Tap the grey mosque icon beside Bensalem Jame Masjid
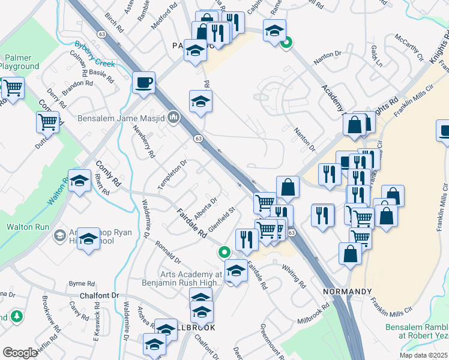click(174, 116)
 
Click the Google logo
click(20, 353)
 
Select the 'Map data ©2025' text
click(423, 355)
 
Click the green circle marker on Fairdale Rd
click(224, 253)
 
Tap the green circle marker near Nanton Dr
click(287, 42)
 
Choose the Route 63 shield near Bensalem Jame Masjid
click(197, 139)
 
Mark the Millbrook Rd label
click(313, 314)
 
